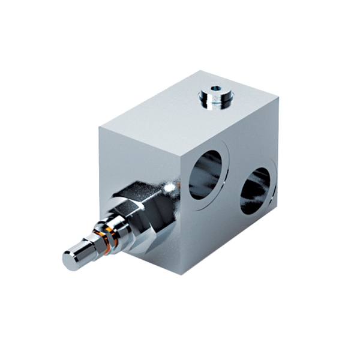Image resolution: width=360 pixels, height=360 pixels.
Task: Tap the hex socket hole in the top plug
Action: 215,91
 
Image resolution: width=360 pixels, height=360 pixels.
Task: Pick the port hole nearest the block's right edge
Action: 257,191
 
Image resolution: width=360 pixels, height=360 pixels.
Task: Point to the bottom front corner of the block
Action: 181,274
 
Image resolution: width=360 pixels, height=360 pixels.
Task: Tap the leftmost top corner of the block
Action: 100,127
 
